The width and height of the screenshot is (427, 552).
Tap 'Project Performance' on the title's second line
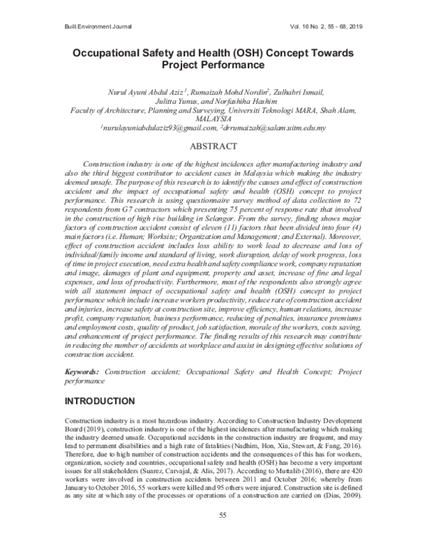(213, 65)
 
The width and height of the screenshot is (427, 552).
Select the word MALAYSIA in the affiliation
(213, 120)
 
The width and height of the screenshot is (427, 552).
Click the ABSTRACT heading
(213, 147)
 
